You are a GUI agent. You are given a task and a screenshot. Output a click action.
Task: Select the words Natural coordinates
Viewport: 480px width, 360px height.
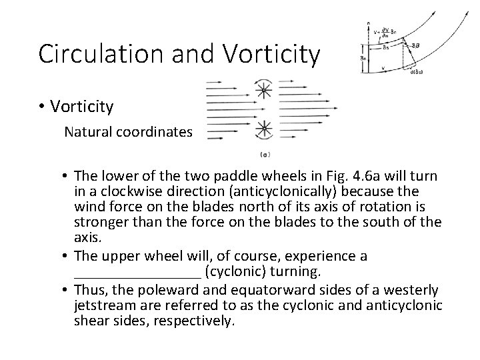coord(127,131)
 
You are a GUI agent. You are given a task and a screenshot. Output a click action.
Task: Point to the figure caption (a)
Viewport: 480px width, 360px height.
coord(265,155)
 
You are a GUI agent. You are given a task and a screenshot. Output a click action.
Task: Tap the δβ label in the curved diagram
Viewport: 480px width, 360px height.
coord(416,45)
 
